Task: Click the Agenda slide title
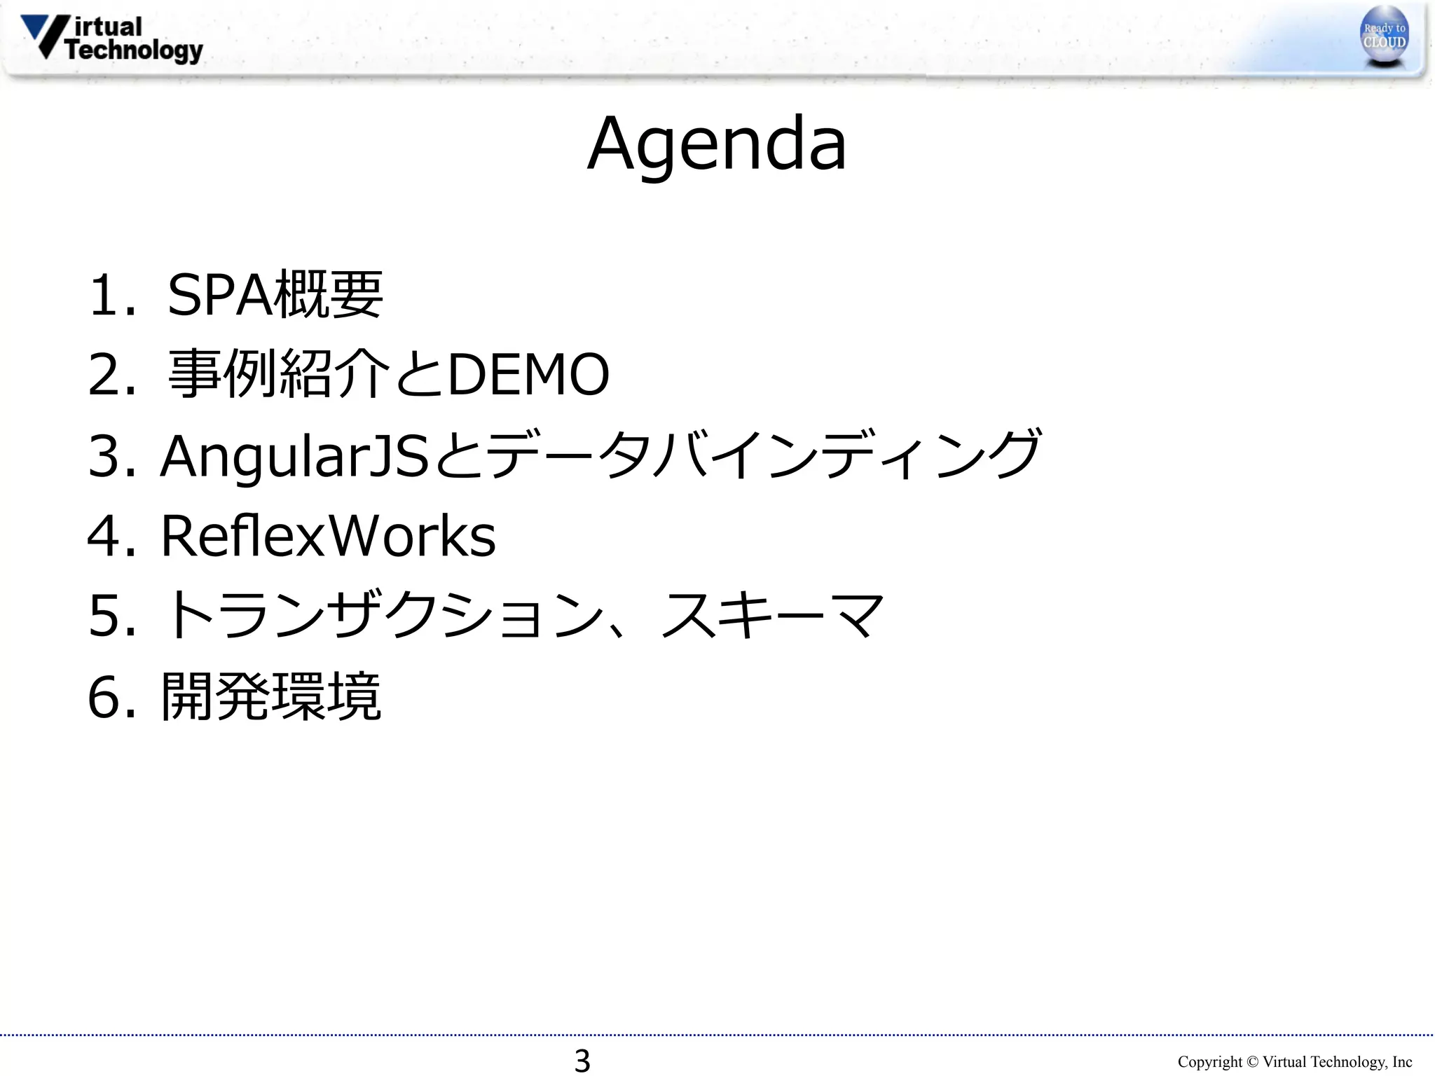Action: [x=717, y=144]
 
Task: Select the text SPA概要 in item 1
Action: [x=275, y=295]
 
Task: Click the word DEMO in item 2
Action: [x=528, y=375]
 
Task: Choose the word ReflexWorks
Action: [x=328, y=537]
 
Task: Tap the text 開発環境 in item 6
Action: [x=271, y=696]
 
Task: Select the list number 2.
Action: [x=105, y=375]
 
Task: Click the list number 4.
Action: [x=105, y=537]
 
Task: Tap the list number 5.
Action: [x=105, y=616]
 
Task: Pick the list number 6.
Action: [x=105, y=697]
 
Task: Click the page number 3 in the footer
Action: [x=582, y=1061]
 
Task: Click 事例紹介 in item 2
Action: [x=279, y=375]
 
